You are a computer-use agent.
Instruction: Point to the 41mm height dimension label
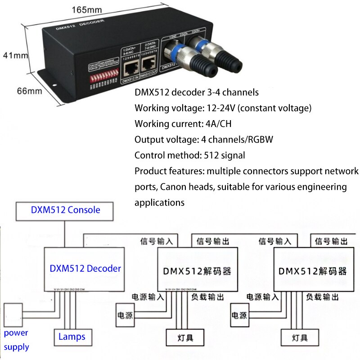(15, 55)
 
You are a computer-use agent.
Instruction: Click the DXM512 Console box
(65, 210)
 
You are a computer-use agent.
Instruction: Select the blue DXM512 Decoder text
(85, 269)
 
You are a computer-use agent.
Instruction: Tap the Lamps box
(72, 336)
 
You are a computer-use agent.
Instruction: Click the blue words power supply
(16, 340)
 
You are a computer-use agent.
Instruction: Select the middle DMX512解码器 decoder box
(197, 269)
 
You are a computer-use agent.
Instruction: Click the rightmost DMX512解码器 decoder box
(313, 269)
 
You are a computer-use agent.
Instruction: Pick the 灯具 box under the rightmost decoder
(297, 337)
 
